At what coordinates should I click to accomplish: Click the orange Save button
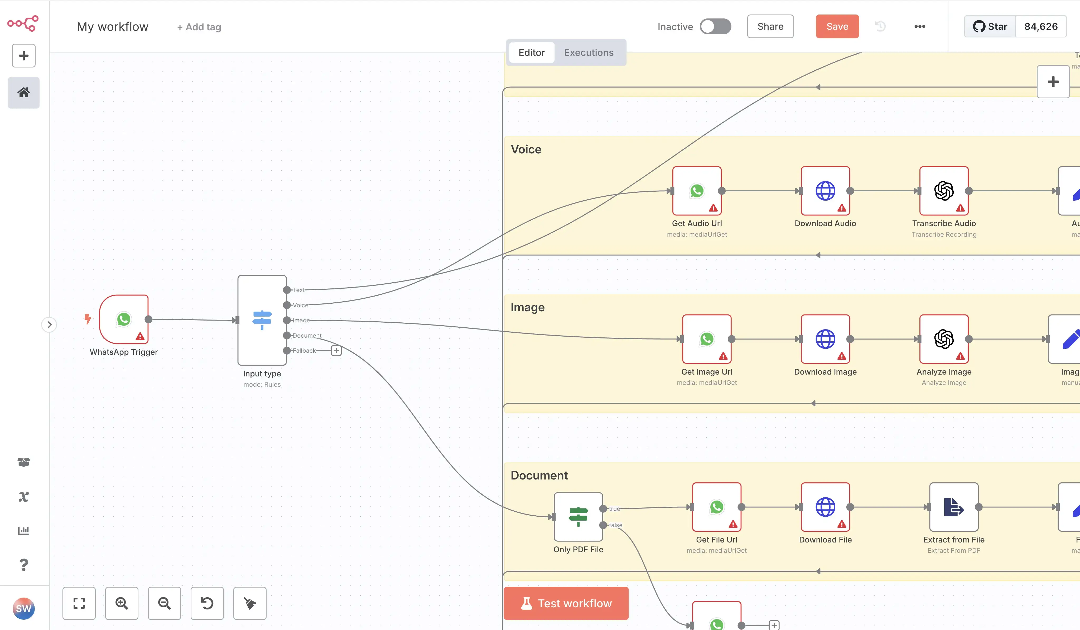[837, 27]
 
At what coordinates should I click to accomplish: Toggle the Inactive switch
[715, 27]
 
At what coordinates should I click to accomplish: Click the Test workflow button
[566, 603]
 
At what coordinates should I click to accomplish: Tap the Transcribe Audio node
[944, 191]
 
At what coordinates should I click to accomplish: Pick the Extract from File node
[954, 507]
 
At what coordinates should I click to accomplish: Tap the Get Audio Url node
[697, 191]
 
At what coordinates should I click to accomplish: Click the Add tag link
[199, 27]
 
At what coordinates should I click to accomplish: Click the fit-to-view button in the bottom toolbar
[79, 603]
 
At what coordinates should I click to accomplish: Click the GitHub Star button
[990, 27]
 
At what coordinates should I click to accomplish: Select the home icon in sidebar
[23, 93]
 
